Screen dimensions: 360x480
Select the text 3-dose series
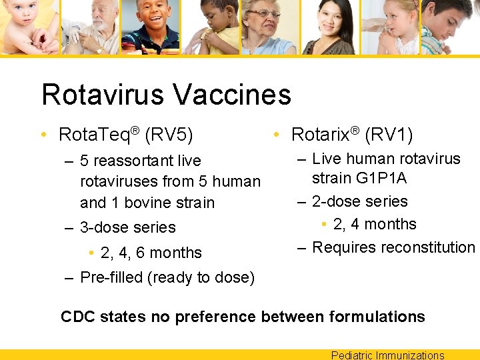127,227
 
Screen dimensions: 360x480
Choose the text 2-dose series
359,201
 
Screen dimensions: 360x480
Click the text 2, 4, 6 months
151,253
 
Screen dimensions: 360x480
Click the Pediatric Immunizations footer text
387,355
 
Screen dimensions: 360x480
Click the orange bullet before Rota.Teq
44,135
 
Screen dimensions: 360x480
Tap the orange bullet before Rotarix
277,135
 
